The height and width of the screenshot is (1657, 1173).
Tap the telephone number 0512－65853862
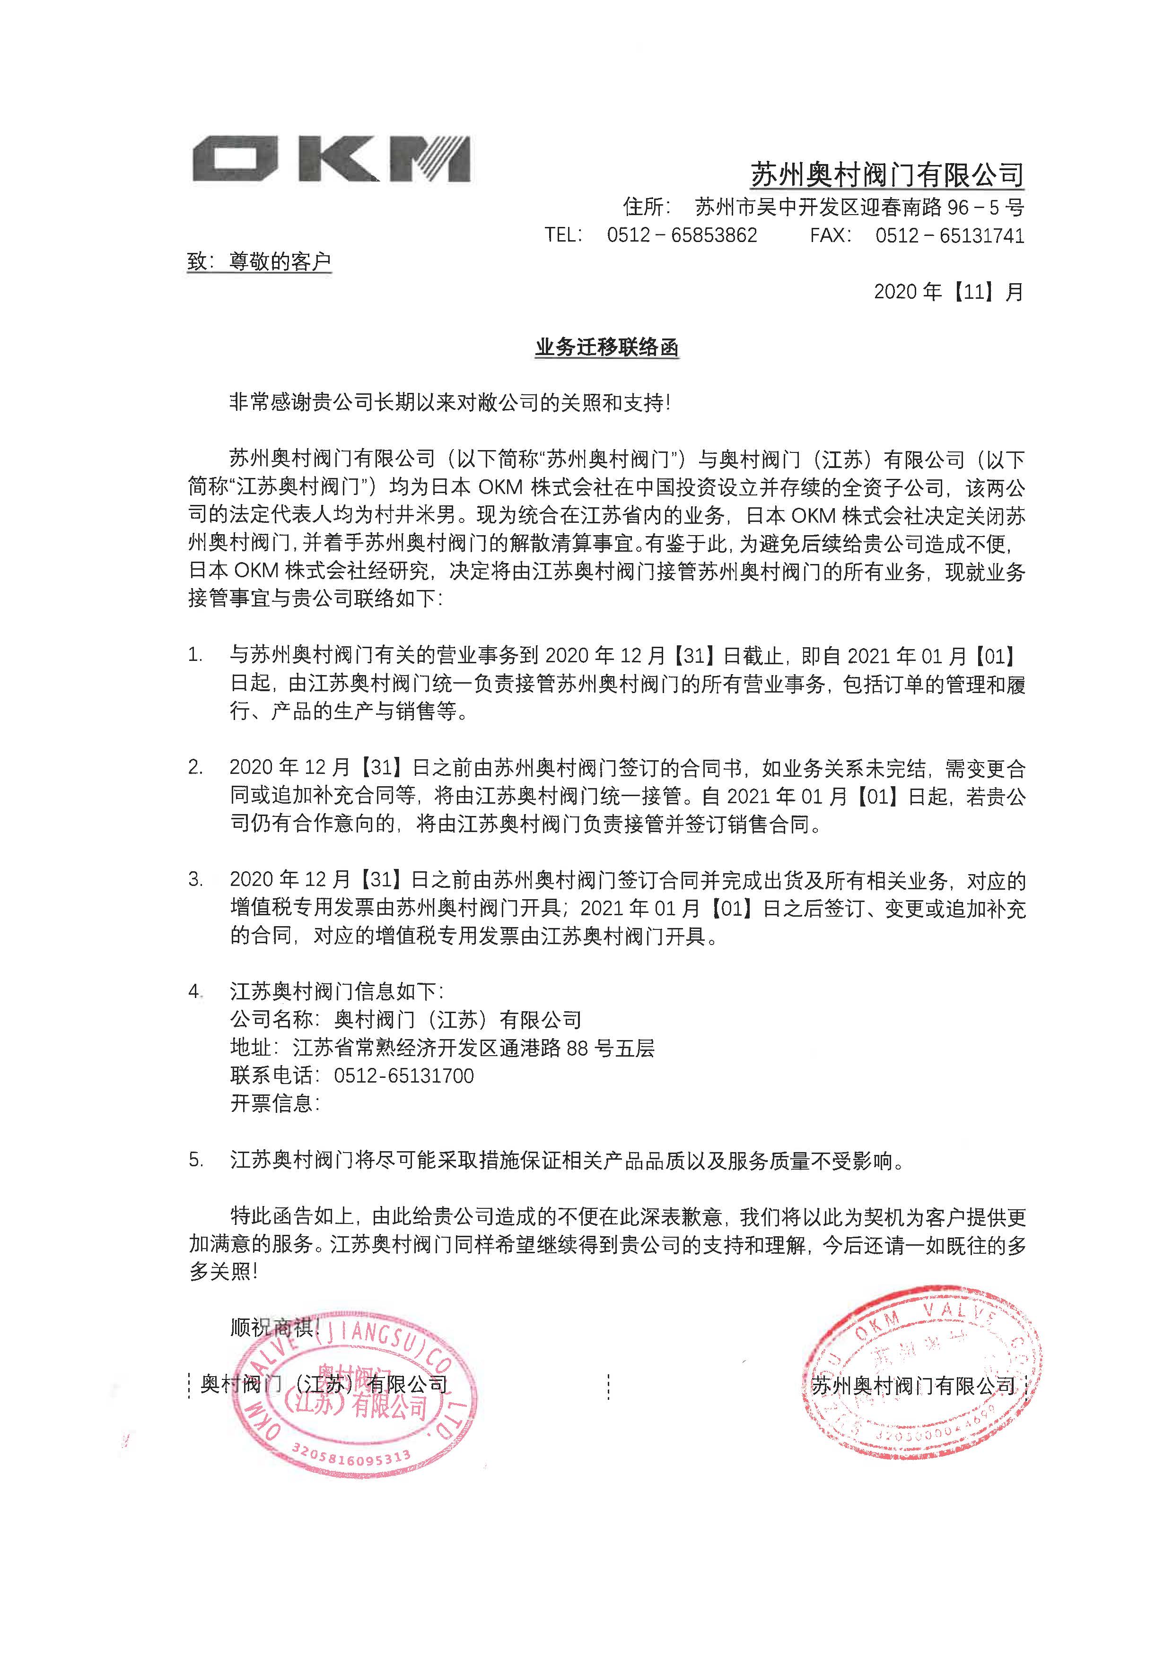click(x=682, y=235)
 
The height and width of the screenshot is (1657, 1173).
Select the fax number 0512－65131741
click(x=950, y=235)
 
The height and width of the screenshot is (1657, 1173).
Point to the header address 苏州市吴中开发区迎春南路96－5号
click(x=859, y=208)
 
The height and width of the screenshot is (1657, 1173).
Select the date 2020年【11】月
click(x=948, y=292)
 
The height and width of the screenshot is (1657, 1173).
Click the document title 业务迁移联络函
click(x=607, y=348)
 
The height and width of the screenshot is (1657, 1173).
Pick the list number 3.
click(x=195, y=879)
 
